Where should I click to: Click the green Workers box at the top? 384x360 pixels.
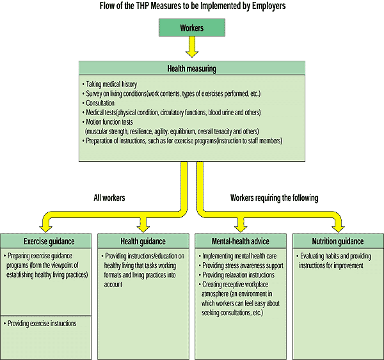[x=191, y=29]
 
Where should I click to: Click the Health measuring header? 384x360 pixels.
[x=191, y=68]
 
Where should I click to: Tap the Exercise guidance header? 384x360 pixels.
[x=48, y=242]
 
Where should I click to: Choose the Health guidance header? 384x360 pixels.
[x=143, y=242]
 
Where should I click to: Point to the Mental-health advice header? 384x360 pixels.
[x=241, y=242]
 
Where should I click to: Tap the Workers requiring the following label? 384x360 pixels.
[x=274, y=198]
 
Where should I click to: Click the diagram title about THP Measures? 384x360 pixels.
[x=191, y=6]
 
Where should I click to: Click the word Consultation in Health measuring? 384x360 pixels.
[x=99, y=102]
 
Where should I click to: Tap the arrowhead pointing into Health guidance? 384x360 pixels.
[x=143, y=225]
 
